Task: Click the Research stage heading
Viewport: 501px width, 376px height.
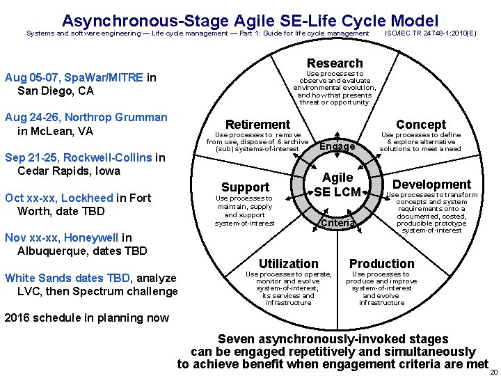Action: coord(335,63)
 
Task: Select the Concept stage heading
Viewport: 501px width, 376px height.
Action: coord(421,124)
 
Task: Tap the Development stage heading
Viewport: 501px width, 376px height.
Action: coord(432,185)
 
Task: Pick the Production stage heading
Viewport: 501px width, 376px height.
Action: coord(381,263)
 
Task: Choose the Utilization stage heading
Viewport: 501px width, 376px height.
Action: coord(289,263)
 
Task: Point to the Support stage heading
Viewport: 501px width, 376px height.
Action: coord(245,187)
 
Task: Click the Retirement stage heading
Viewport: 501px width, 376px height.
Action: coord(257,124)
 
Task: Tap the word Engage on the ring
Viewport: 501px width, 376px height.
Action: coord(337,146)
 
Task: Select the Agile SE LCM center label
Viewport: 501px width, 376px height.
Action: coord(337,185)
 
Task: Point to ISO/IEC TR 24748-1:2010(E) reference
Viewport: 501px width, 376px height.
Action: coord(431,33)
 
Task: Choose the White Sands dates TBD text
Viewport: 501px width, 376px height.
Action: coord(67,278)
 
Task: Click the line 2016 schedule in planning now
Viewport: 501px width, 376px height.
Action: coord(86,318)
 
